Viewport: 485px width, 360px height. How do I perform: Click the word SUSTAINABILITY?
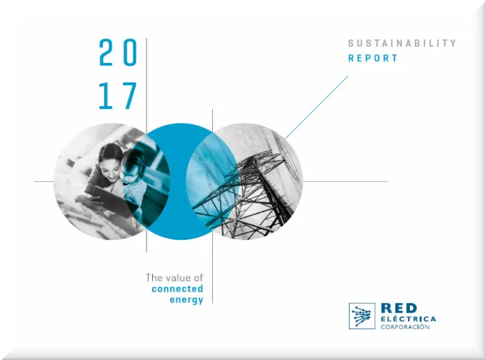(402, 44)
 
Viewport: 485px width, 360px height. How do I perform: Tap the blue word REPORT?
(373, 58)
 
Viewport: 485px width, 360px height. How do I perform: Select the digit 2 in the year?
(106, 52)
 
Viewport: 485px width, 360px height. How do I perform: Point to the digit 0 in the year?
(130, 52)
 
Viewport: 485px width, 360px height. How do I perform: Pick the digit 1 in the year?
(106, 95)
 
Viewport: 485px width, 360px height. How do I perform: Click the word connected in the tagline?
(177, 289)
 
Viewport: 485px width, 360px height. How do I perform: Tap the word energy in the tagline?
(186, 300)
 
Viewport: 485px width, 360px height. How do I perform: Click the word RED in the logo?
(399, 308)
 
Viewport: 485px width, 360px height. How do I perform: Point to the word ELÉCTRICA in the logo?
(409, 319)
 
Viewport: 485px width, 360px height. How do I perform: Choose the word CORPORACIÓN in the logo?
(405, 327)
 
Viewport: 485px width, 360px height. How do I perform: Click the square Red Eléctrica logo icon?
(362, 316)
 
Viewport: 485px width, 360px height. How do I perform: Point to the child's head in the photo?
(134, 164)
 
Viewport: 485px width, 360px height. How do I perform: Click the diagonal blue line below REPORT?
(316, 107)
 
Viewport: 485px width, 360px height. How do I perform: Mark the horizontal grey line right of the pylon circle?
(345, 181)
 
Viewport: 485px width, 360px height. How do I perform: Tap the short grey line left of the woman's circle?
(44, 181)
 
